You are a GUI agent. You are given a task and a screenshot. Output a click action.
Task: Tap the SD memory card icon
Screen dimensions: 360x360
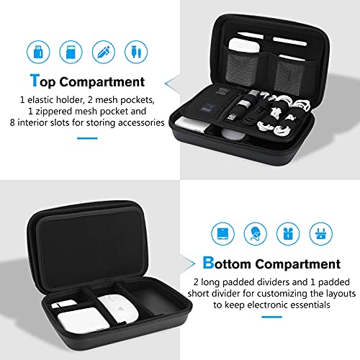pyautogui.click(x=71, y=52)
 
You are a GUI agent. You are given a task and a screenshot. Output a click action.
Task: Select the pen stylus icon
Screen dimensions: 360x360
pyautogui.click(x=104, y=52)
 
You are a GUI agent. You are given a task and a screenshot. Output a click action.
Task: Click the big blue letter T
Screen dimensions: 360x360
pyautogui.click(x=34, y=82)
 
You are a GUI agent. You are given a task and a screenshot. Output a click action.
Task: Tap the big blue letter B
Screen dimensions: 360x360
pyautogui.click(x=209, y=263)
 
